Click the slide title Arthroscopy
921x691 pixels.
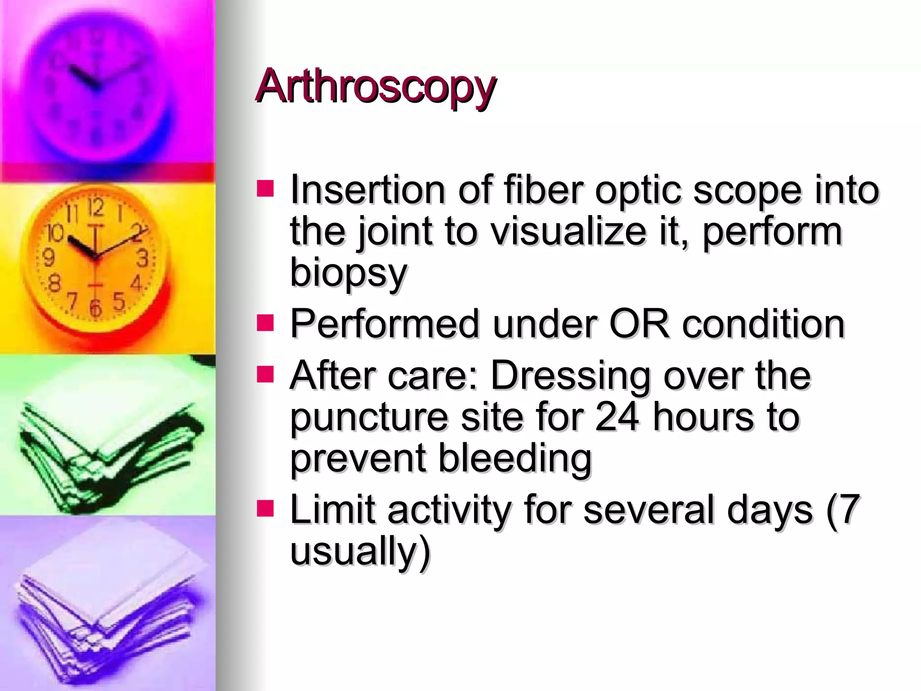[376, 86]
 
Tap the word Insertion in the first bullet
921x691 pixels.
[367, 190]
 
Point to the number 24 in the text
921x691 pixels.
[617, 417]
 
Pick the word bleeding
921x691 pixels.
[514, 458]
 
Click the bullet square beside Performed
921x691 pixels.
[265, 323]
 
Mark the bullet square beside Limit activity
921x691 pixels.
[265, 509]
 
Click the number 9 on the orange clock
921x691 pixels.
[48, 258]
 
